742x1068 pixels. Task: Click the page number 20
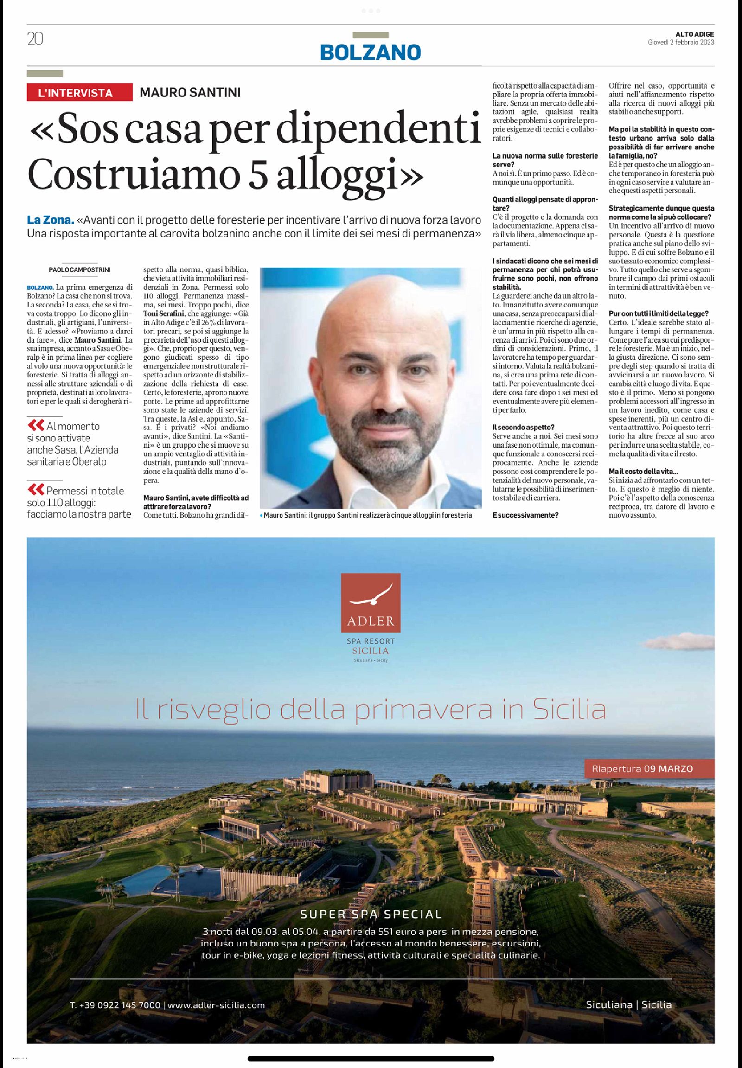tap(35, 39)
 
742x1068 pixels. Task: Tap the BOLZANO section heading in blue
tap(370, 52)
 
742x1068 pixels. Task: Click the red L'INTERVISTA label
tap(76, 93)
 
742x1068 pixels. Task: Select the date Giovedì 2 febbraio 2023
tap(681, 42)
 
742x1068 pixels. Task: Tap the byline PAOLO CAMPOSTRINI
tap(79, 270)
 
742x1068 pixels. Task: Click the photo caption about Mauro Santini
tap(367, 515)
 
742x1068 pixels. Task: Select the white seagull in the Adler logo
tap(371, 596)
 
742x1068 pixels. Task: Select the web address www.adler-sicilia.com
tap(216, 1005)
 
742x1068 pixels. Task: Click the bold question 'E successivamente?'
tap(525, 515)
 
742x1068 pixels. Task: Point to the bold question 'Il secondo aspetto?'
tap(523, 427)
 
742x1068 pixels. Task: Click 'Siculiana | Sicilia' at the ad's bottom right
tap(628, 1004)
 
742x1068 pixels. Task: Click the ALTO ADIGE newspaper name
tap(695, 34)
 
